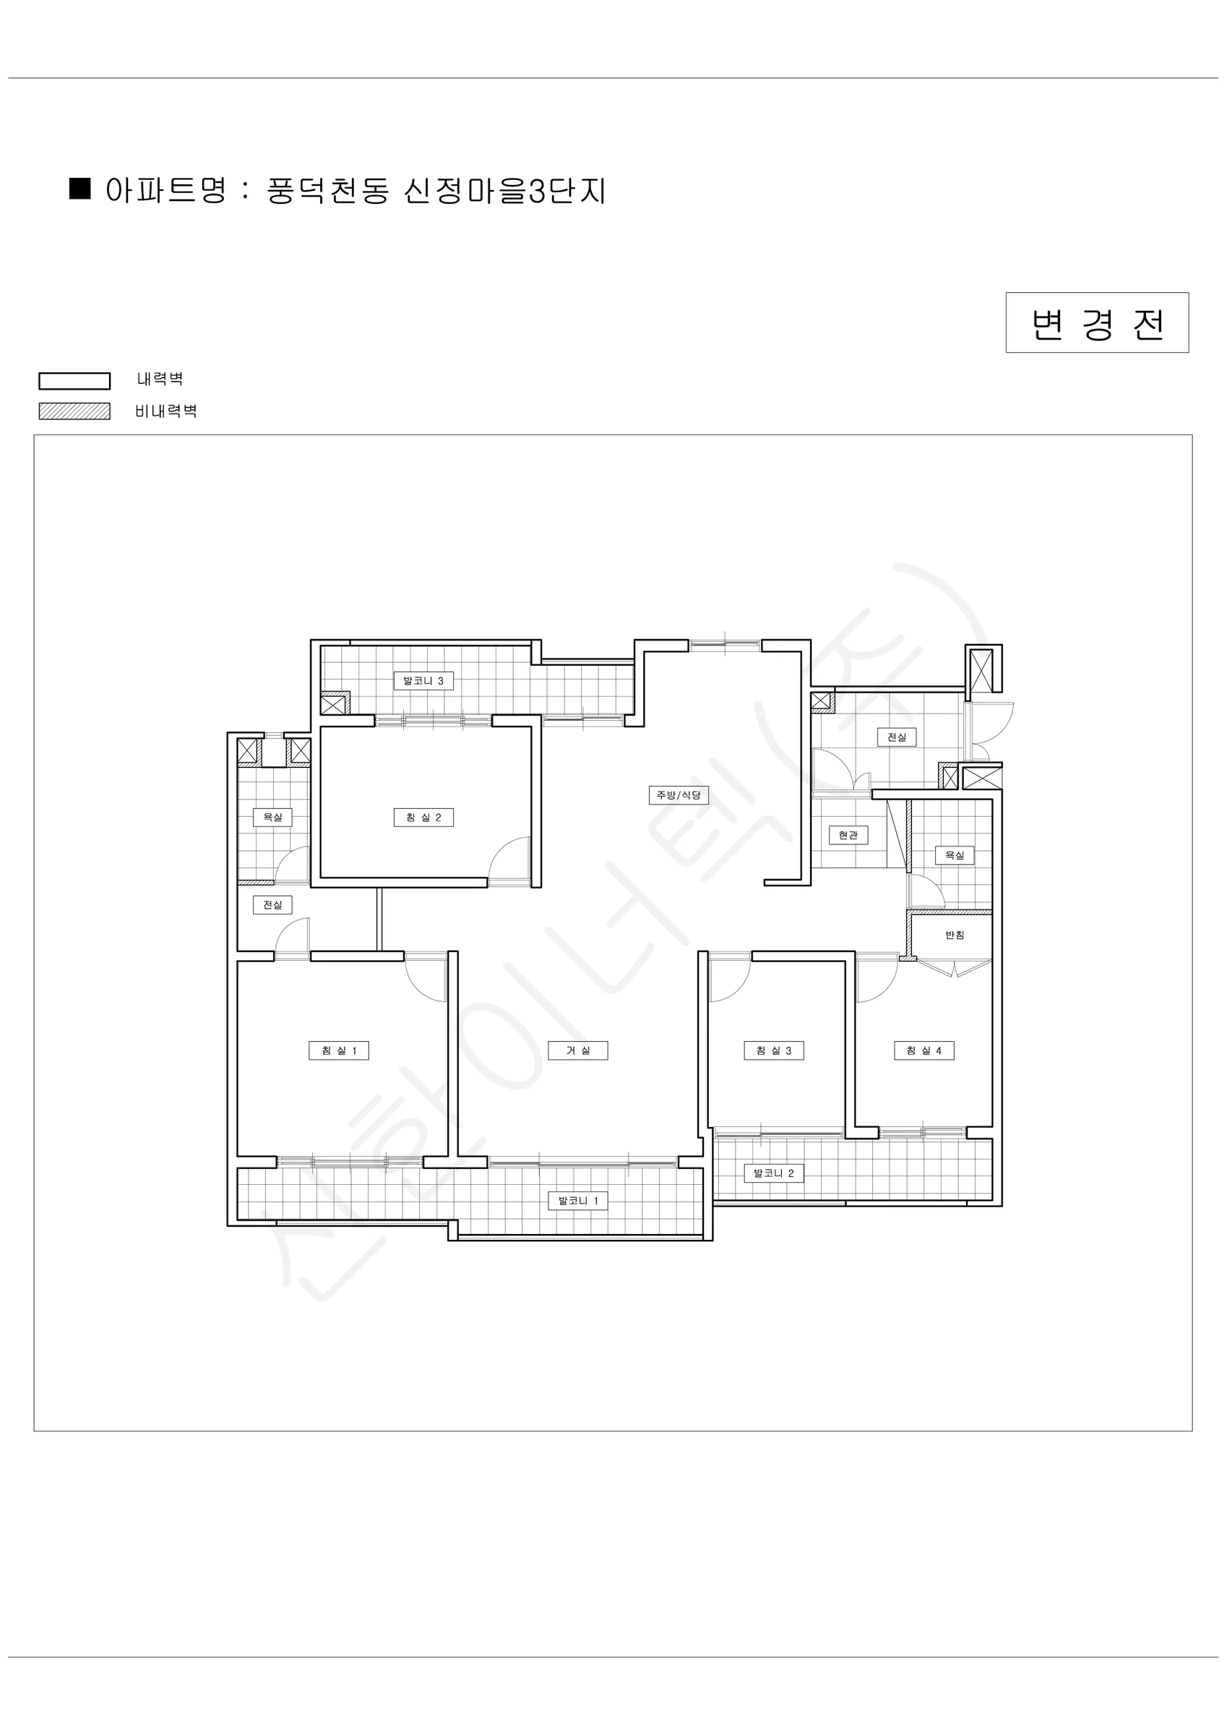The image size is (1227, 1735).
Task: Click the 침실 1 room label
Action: (x=338, y=1050)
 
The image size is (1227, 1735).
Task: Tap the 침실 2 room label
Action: (x=423, y=817)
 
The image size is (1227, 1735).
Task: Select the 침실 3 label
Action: (x=774, y=1050)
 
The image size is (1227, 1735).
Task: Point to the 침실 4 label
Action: (x=924, y=1050)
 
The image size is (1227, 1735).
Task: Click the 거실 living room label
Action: (x=578, y=1050)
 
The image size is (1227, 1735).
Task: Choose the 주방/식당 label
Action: (x=679, y=795)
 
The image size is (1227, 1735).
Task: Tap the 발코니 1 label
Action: (x=578, y=1201)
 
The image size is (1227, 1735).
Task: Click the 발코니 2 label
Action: (x=774, y=1173)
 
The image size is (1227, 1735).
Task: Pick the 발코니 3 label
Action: (x=423, y=681)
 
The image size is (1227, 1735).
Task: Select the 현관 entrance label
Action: (x=848, y=835)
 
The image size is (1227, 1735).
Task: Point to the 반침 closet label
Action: (x=955, y=935)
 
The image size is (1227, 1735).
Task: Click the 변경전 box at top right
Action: (x=1097, y=322)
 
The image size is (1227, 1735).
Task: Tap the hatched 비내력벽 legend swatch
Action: (x=75, y=411)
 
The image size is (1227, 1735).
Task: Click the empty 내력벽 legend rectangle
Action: (x=75, y=381)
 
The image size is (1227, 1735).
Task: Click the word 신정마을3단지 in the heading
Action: (x=504, y=191)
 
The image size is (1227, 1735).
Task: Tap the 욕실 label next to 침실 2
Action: (x=272, y=817)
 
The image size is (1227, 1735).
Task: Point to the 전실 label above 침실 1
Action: (x=272, y=904)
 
